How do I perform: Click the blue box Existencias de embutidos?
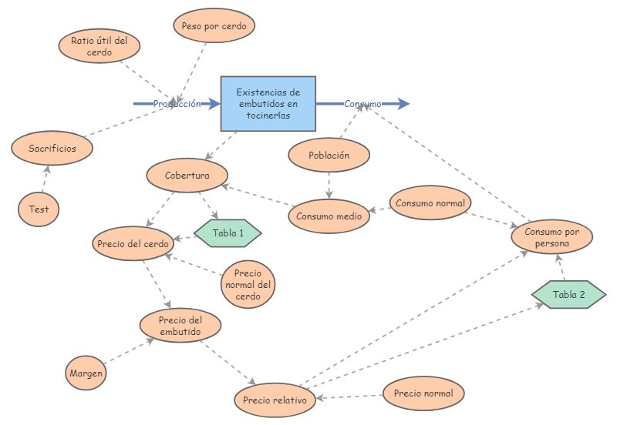pos(268,103)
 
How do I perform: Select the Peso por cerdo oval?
pos(214,25)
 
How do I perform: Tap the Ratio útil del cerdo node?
pos(99,47)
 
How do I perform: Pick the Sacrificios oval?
pos(52,148)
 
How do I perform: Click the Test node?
pos(39,209)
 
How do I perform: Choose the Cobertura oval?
pos(187,176)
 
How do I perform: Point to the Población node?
pos(329,155)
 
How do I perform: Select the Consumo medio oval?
pos(329,216)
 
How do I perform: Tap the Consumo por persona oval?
pos(552,238)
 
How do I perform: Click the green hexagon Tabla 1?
pos(228,233)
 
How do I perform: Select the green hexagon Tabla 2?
pos(569,295)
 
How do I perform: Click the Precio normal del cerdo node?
pos(248,285)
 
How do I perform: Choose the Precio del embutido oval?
pos(180,326)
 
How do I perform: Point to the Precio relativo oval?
pos(275,400)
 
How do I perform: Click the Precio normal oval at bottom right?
pos(423,393)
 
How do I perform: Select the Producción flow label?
pos(177,103)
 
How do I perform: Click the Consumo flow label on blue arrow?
pos(362,103)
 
